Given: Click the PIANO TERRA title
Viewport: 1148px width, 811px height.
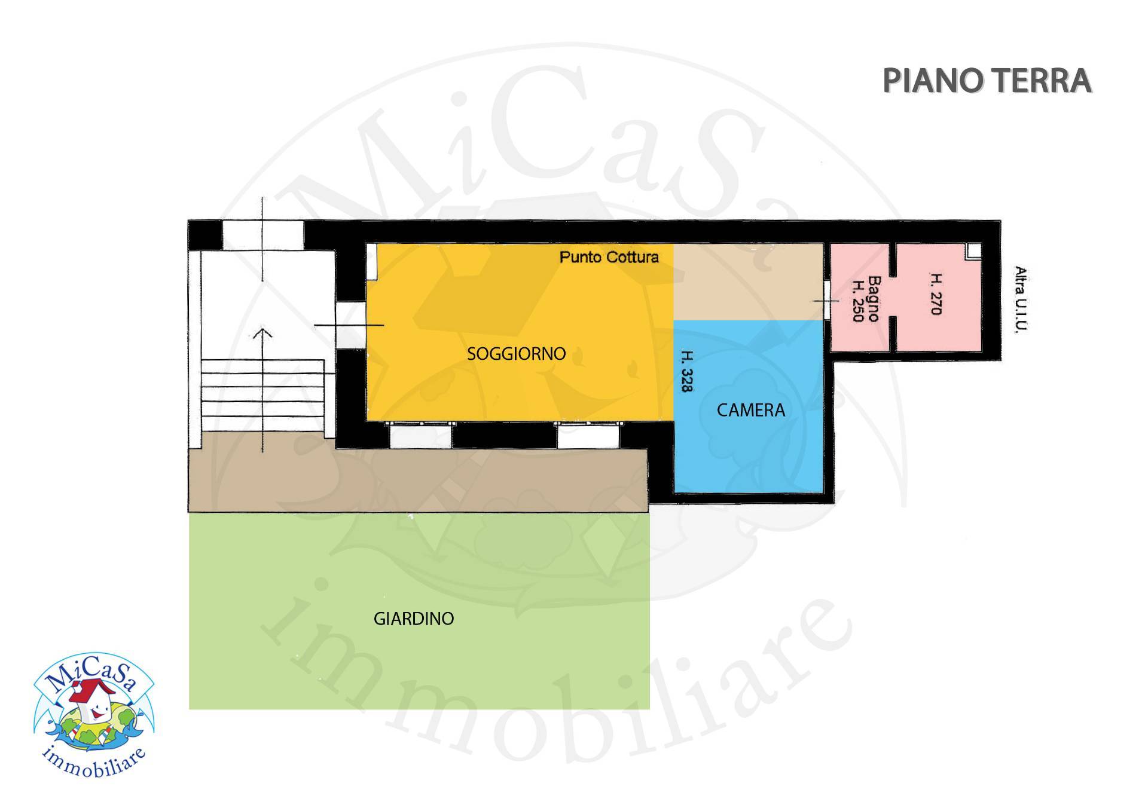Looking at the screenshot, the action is click(987, 81).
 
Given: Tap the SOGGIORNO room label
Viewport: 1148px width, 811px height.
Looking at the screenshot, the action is click(516, 354).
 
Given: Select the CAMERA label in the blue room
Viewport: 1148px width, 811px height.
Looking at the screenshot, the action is click(750, 410).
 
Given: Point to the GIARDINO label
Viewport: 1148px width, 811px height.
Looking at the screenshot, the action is click(414, 619).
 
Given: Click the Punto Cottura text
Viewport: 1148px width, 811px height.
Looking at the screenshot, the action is click(609, 257).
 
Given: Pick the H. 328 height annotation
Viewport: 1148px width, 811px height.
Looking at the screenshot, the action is click(687, 371).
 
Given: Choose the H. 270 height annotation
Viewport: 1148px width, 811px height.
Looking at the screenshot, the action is click(936, 293).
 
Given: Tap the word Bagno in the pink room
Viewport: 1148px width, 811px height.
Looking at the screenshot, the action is click(874, 298).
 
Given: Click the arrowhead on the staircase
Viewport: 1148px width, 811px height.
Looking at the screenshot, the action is click(262, 332).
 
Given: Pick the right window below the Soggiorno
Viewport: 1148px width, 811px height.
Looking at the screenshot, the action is click(588, 435).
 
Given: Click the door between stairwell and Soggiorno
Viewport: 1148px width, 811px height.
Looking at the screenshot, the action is click(350, 325).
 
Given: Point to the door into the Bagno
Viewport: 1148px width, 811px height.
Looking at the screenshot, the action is click(827, 301).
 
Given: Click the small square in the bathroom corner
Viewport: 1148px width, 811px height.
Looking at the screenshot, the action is click(974, 250).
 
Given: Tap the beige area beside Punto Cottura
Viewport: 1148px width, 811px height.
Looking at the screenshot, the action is click(748, 281).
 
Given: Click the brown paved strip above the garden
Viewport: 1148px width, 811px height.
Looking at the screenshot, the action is click(418, 480).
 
